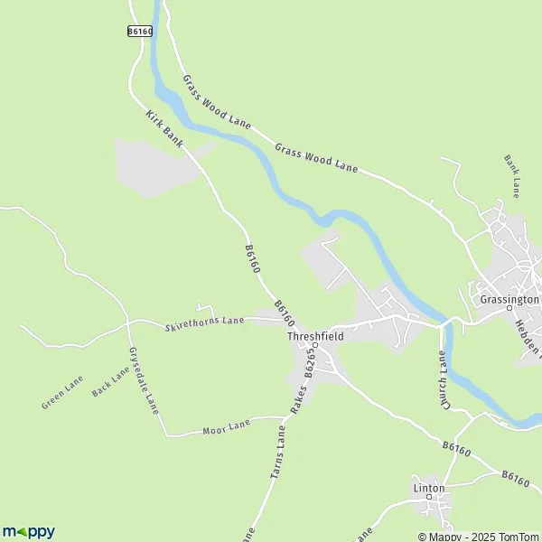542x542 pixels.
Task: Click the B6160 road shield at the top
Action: [138, 30]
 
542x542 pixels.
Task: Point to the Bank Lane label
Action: [512, 176]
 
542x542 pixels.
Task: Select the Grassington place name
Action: [509, 298]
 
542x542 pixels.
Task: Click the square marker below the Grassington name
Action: [510, 310]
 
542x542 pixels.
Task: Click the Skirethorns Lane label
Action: [205, 322]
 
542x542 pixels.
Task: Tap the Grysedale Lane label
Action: [144, 380]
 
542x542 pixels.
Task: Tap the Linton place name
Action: [429, 489]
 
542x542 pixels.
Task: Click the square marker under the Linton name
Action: [429, 500]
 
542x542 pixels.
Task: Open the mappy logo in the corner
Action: [28, 531]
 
